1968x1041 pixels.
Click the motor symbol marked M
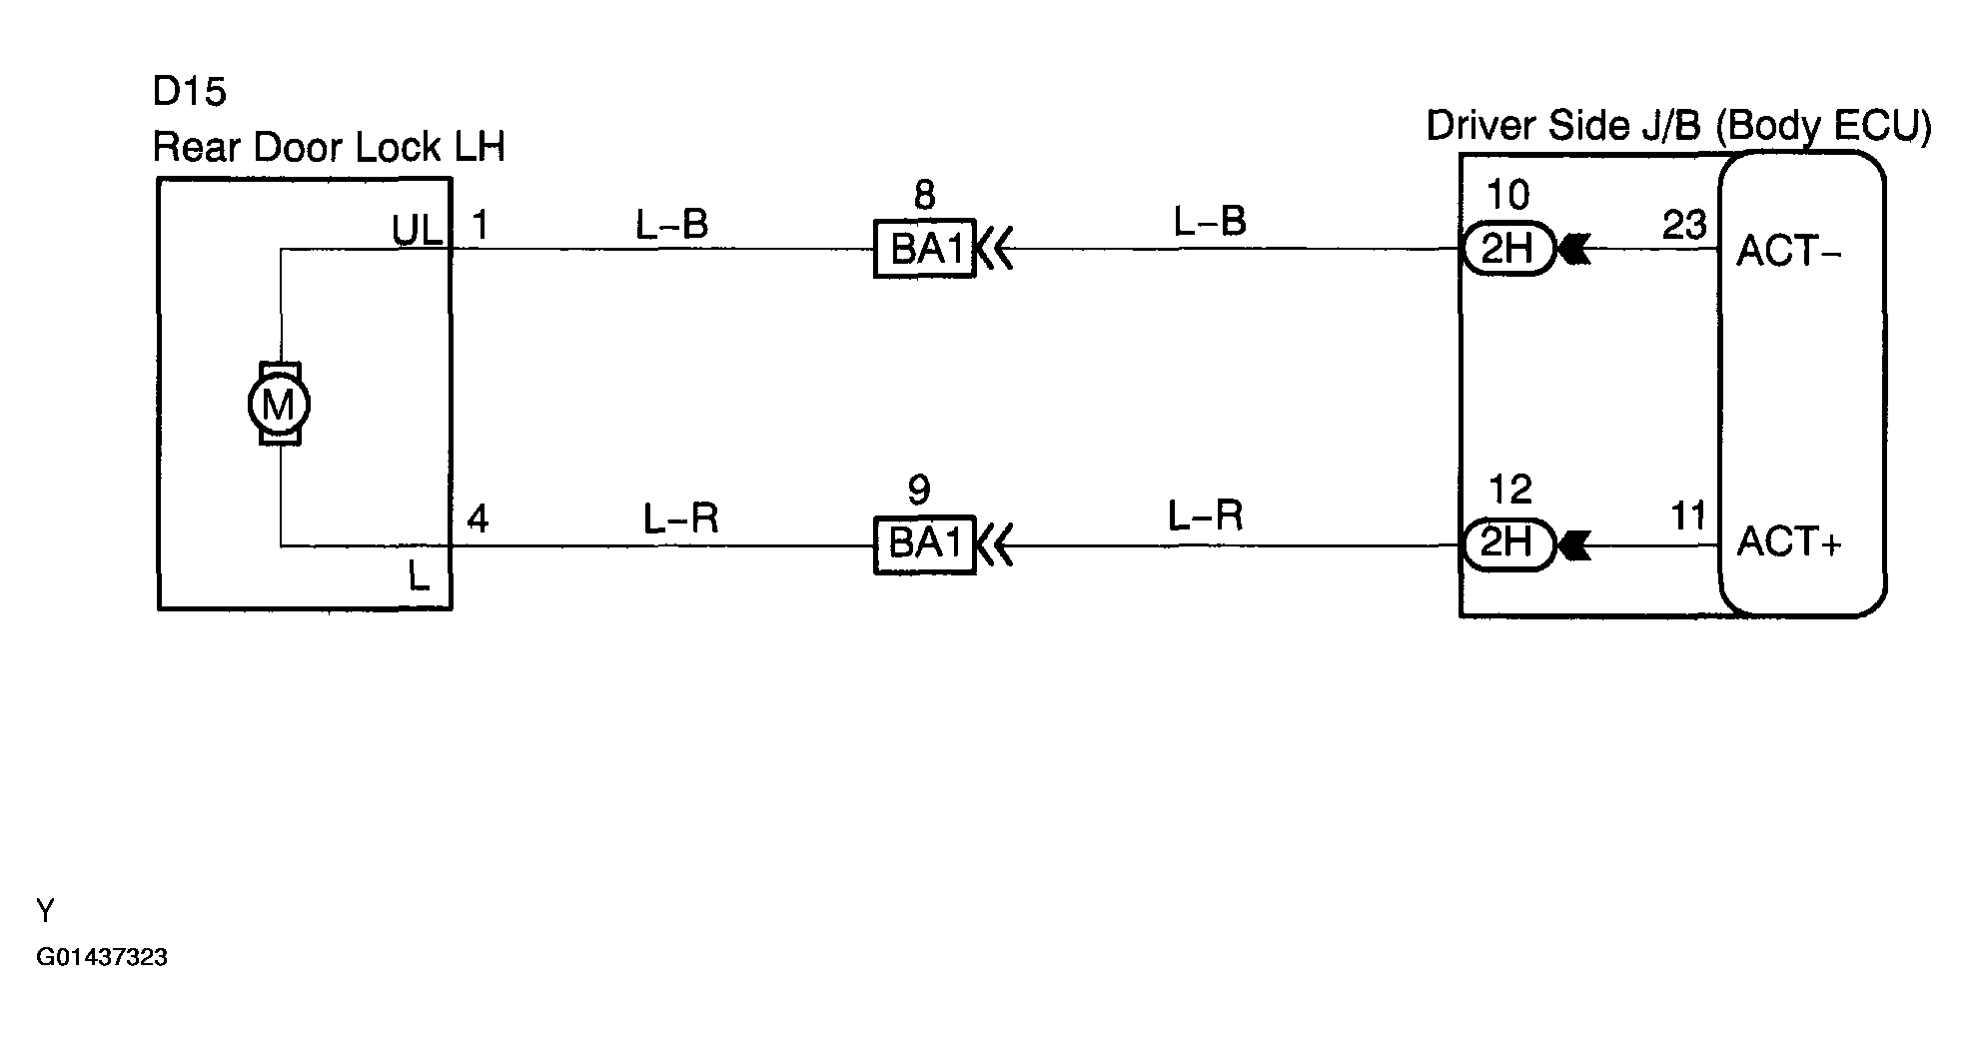(x=279, y=404)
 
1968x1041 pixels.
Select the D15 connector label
(x=189, y=92)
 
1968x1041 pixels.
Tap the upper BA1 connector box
(x=924, y=249)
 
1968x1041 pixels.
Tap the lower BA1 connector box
(x=924, y=544)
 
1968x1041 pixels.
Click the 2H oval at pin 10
(x=1507, y=249)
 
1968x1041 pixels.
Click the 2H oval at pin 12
(x=1507, y=544)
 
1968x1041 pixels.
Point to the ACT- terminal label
(x=1788, y=251)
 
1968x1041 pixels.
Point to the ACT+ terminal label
(x=1788, y=541)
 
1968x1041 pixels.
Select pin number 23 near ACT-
(x=1684, y=225)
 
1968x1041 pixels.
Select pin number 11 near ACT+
(x=1688, y=516)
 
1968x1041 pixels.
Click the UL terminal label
(x=418, y=231)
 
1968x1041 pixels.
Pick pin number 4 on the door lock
(x=479, y=520)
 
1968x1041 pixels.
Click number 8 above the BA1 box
(x=924, y=195)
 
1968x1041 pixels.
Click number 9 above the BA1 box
(x=919, y=490)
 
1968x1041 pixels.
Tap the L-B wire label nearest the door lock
(x=672, y=225)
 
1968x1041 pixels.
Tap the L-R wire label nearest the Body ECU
(x=1206, y=516)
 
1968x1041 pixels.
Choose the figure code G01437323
(x=102, y=957)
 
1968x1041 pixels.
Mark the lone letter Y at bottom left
(x=45, y=910)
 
